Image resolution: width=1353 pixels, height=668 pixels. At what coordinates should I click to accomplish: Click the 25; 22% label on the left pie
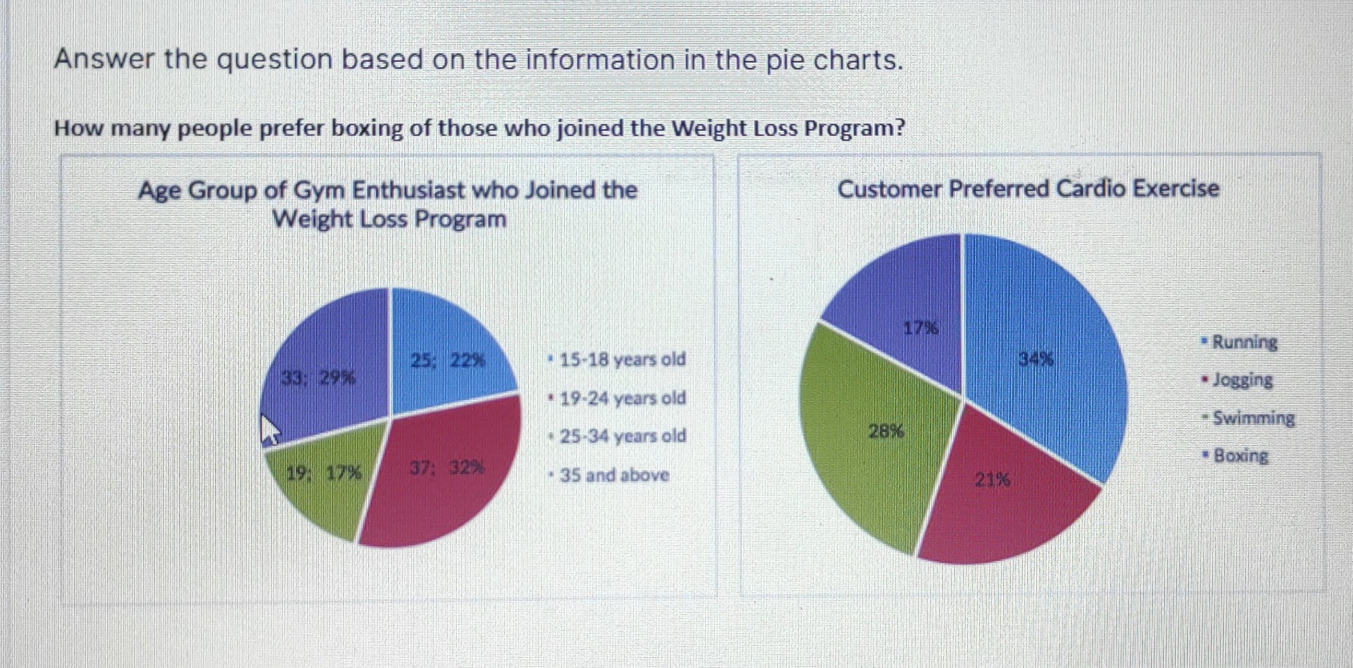point(448,361)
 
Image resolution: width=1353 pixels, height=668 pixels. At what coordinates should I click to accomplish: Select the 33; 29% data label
point(318,378)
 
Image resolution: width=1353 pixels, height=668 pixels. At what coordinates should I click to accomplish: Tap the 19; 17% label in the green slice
point(324,473)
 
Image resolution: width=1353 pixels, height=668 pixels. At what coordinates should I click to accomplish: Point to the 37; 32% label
point(447,468)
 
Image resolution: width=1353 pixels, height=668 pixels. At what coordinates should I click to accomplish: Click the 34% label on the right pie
point(1036,359)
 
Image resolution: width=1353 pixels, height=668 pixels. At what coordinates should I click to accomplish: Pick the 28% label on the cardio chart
point(886,431)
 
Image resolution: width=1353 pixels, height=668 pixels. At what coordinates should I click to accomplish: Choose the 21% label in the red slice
point(992,480)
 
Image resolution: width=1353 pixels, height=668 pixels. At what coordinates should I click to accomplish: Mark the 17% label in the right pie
point(920,328)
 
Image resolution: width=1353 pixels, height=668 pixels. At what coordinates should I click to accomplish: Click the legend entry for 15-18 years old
point(622,359)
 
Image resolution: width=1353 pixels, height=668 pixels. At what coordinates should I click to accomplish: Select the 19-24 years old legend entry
point(622,399)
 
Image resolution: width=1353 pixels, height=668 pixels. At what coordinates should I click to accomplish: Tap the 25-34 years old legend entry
point(622,436)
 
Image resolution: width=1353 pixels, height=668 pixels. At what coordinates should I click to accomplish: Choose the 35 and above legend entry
point(614,475)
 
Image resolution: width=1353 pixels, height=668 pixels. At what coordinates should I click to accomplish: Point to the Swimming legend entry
point(1253,418)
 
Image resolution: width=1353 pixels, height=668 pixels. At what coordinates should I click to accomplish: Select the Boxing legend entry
point(1240,455)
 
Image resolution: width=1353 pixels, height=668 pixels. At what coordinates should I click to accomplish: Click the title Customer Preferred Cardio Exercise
point(1028,189)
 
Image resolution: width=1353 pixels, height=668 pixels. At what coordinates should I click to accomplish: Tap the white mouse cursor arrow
point(270,430)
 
